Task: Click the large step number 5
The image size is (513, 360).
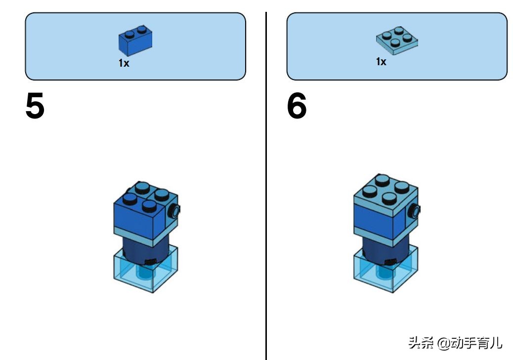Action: [35, 107]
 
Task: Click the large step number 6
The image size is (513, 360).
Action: [297, 107]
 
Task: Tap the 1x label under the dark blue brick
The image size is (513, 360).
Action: [124, 63]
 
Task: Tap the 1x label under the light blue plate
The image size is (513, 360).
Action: [381, 62]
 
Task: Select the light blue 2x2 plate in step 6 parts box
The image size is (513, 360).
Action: [396, 40]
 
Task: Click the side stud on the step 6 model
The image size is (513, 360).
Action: [414, 212]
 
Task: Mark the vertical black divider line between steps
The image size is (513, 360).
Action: [266, 198]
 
